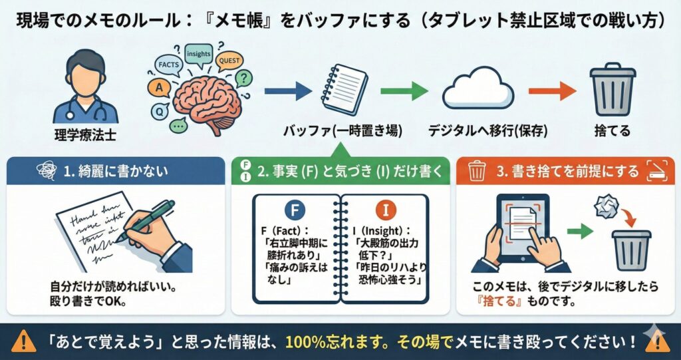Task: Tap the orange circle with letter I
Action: [385, 211]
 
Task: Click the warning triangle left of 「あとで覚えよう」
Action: [25, 341]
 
